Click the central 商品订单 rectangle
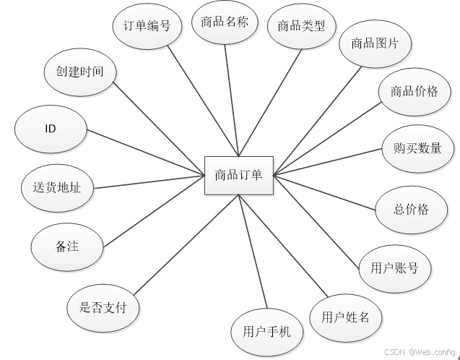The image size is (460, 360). click(238, 175)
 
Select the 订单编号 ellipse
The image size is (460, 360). click(143, 25)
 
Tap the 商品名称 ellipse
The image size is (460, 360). click(224, 22)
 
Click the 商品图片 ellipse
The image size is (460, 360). click(375, 43)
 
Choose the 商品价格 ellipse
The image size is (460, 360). click(414, 92)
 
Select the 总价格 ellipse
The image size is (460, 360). click(411, 209)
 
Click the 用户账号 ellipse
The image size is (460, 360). click(395, 268)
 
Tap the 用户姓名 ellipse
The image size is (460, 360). click(345, 317)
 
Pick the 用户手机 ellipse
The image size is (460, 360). click(261, 332)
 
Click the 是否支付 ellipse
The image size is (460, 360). click(103, 307)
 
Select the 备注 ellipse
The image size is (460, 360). click(66, 246)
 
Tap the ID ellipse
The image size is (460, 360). click(51, 129)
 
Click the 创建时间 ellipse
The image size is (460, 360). click(79, 72)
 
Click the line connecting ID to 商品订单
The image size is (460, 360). click(144, 152)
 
